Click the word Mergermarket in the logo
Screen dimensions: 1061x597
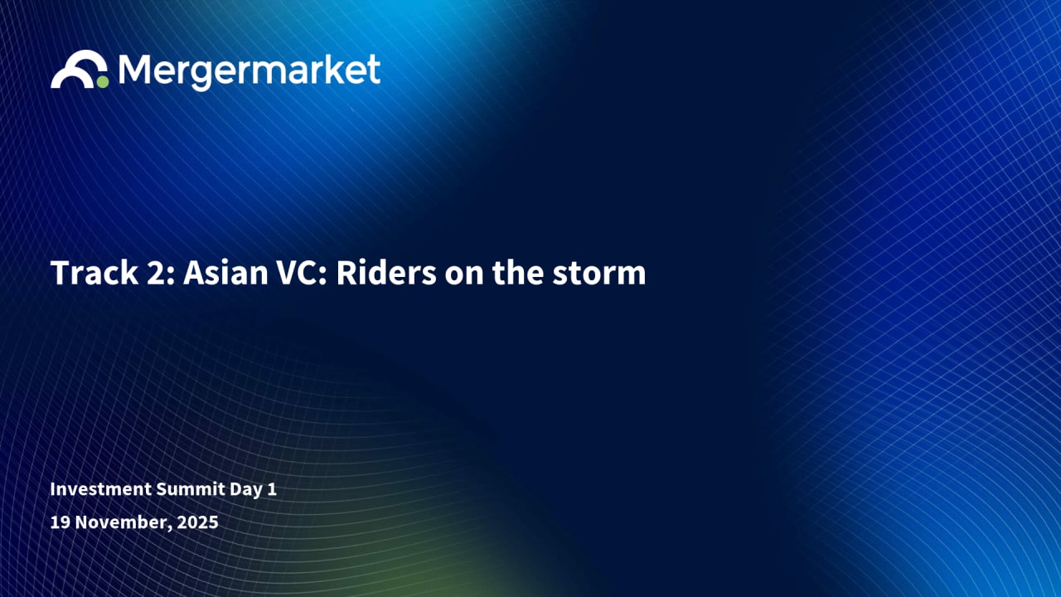coord(250,71)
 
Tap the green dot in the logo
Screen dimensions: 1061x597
coord(102,81)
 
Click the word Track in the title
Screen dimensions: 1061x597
coord(94,273)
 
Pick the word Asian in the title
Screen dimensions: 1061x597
coord(225,273)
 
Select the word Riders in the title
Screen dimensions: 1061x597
coord(386,273)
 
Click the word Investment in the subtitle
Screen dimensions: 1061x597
coord(101,489)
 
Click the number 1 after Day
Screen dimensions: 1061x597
coord(272,489)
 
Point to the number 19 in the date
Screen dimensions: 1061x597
coord(61,522)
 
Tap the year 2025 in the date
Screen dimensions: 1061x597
coord(197,522)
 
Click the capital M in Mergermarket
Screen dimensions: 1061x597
coord(134,69)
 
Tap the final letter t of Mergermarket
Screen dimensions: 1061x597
coord(374,70)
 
